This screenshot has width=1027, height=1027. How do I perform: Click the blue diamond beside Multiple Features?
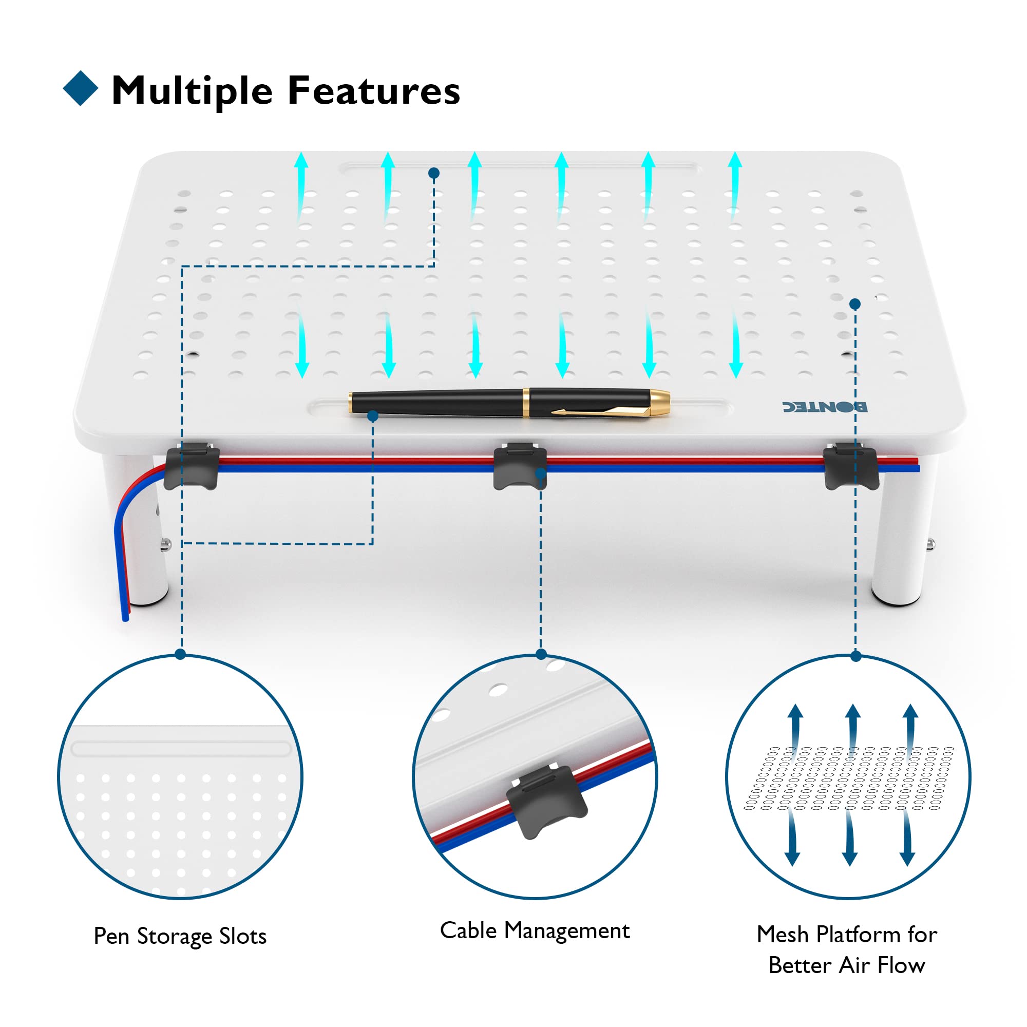click(81, 88)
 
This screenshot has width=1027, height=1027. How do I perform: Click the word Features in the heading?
click(374, 90)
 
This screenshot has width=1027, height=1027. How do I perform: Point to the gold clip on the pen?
click(601, 410)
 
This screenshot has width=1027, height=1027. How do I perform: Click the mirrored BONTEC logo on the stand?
click(825, 407)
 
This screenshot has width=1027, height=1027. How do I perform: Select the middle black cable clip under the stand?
click(520, 466)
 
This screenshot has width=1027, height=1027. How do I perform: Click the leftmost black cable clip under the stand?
click(192, 466)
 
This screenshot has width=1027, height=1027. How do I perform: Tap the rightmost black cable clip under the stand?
click(850, 466)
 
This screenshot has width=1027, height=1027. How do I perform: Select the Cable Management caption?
click(535, 931)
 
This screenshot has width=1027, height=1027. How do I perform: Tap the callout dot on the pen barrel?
click(373, 416)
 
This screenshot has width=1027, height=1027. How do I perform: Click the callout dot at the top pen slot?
click(434, 173)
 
